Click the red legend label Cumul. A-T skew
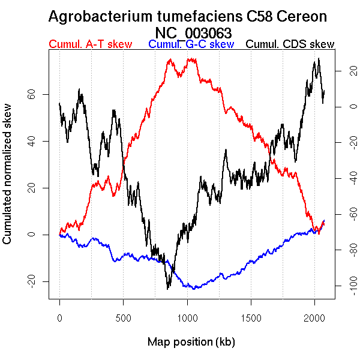[90, 44]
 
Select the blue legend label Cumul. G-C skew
[191, 44]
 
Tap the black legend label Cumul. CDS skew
[290, 44]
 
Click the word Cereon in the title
[300, 17]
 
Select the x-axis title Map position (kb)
[191, 342]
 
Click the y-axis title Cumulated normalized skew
[8, 181]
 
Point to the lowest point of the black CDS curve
[168, 289]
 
